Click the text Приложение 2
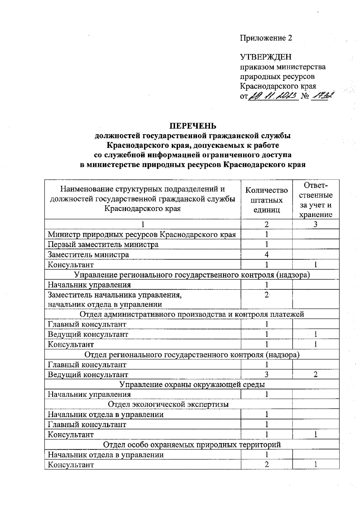(266, 38)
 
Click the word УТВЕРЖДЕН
(266, 57)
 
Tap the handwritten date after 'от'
(273, 96)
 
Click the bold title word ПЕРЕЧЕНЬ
(193, 125)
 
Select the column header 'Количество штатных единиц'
(266, 200)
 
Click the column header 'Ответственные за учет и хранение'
(316, 200)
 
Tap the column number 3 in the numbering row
(316, 224)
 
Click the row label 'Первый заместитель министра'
(103, 245)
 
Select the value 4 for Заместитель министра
(266, 255)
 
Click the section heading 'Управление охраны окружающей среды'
(192, 385)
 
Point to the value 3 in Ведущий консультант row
(266, 374)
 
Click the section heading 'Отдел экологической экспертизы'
(168, 404)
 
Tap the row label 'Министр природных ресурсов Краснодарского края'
(142, 234)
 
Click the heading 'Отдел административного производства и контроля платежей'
(192, 314)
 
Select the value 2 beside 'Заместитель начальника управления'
(266, 295)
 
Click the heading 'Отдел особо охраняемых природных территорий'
(192, 445)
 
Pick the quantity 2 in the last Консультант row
(266, 464)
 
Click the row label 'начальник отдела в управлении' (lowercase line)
(105, 304)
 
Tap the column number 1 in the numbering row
(143, 224)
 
